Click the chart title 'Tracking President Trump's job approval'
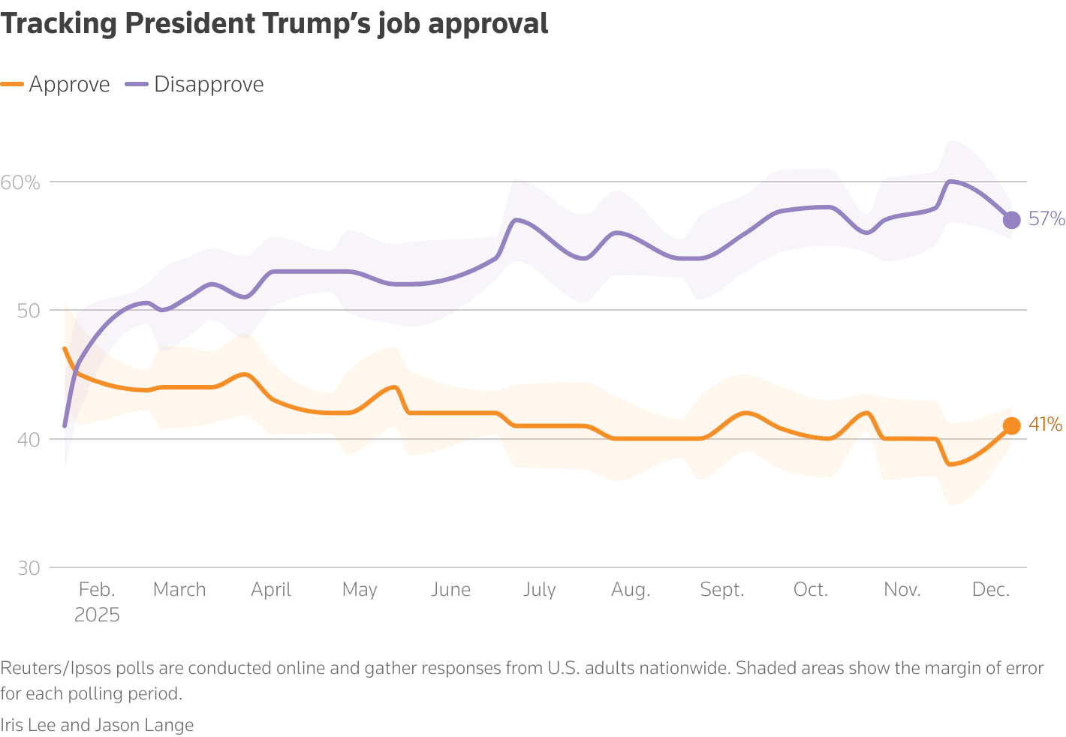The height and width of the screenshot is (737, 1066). coord(274,24)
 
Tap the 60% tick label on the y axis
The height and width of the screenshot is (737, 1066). coord(20,182)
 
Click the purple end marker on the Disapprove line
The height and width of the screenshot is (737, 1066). coord(1011,220)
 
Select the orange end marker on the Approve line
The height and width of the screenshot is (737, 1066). coord(1011,426)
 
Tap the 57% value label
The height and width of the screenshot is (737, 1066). coord(1046,219)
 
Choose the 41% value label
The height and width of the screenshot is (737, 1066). coord(1045,425)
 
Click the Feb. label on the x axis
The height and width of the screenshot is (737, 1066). coord(97,590)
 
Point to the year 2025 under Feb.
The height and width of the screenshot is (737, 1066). coord(97,615)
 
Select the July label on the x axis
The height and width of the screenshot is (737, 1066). coord(539,590)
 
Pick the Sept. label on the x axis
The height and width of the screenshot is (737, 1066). coord(722,590)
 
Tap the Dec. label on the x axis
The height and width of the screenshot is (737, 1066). coord(991,590)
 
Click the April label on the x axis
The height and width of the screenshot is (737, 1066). coord(271,590)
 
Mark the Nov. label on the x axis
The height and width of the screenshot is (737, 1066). coord(902,590)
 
